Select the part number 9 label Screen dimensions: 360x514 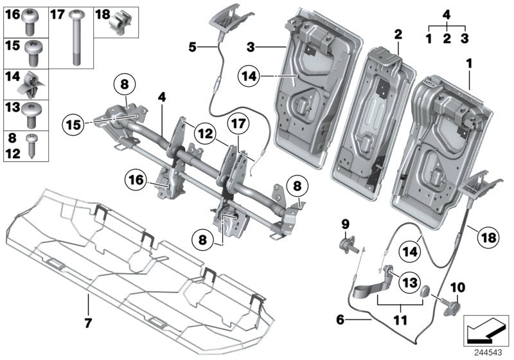pos(345,224)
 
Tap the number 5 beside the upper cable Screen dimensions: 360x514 pos(192,46)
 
